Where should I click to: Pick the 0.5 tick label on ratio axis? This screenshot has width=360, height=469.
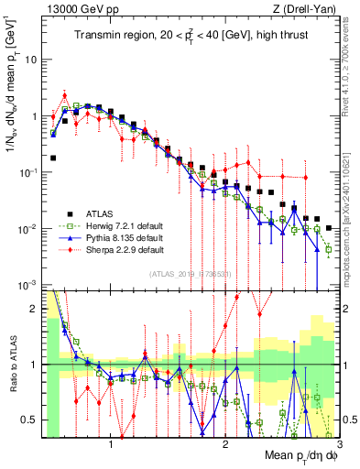click(28, 420)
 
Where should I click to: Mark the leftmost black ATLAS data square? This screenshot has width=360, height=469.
click(53, 158)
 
